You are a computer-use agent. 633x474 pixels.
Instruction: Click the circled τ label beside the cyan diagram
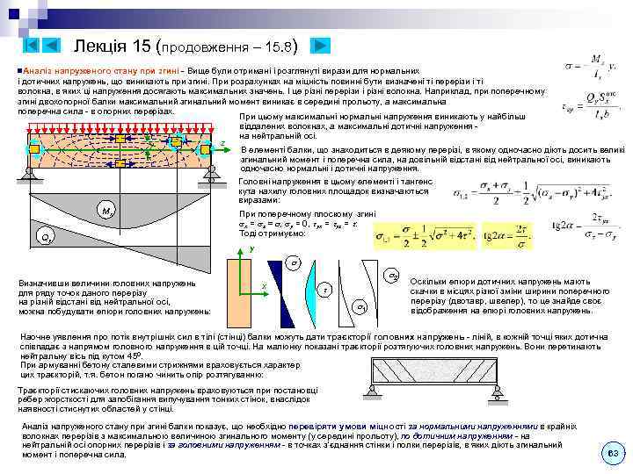tap(325, 291)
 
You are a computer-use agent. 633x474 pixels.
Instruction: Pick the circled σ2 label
tap(393, 275)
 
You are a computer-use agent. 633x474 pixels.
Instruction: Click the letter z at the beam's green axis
tap(223, 143)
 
